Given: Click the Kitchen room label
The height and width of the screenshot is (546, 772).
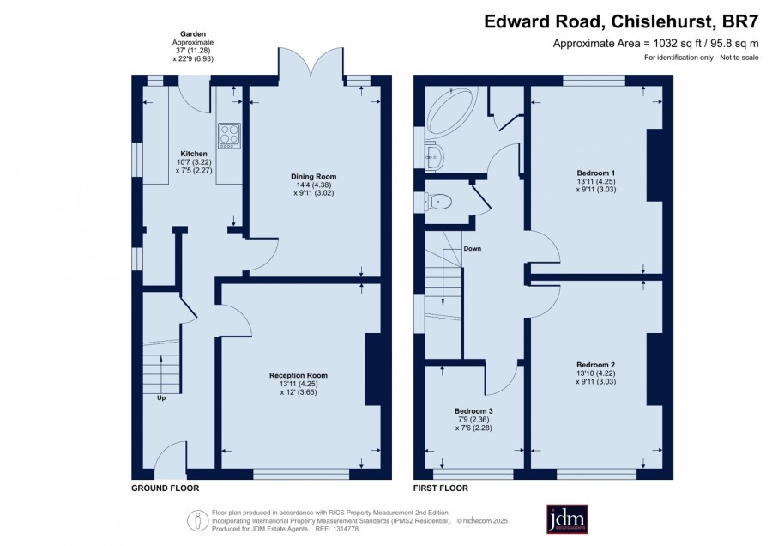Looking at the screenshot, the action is [x=194, y=154].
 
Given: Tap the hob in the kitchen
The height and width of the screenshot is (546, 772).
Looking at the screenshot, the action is [x=229, y=136].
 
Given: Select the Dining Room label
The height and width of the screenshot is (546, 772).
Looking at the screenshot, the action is [x=314, y=176].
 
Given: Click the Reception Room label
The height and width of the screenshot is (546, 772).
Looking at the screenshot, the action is [x=299, y=375].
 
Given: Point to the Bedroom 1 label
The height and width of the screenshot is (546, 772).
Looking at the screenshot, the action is [x=596, y=173].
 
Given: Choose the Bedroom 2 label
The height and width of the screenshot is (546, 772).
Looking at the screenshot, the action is [x=596, y=365].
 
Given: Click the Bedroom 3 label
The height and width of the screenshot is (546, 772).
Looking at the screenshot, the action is [x=473, y=411].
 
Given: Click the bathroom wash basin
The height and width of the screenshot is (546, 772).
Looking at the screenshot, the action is [x=435, y=155].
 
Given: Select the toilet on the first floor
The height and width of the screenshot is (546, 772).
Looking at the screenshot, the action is [x=440, y=202].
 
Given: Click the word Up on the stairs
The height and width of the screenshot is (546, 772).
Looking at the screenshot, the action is [x=161, y=398].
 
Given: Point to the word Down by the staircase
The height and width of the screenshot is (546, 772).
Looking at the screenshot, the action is [x=472, y=249].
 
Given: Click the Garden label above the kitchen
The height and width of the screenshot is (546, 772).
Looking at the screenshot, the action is [x=193, y=34].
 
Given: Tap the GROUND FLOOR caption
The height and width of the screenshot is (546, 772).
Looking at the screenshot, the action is [x=165, y=488].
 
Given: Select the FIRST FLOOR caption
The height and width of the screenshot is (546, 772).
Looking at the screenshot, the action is [x=441, y=488].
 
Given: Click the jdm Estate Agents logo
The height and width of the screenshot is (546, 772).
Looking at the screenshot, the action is [x=567, y=519].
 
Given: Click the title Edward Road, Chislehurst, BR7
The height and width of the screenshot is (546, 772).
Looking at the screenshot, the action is [x=621, y=21].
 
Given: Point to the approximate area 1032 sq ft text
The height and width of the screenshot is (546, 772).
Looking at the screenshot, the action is [x=656, y=44].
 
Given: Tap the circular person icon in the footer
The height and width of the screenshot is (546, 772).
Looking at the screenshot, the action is [x=198, y=520].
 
